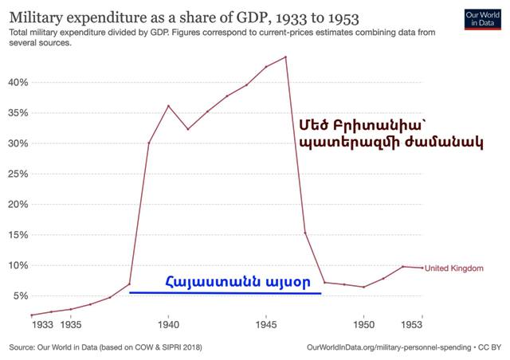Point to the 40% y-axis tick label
18,82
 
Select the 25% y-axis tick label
18,174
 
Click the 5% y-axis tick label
21,295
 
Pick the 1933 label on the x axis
43,325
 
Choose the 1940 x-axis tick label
168,325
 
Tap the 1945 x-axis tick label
266,325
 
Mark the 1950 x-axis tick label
364,325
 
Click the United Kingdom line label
455,268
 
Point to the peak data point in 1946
285,57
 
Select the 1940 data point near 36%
168,106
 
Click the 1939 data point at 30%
149,143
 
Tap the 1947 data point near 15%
305,233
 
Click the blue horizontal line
226,293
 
